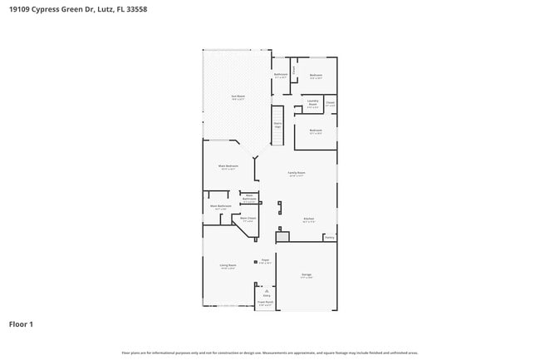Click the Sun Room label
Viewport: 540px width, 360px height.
pyautogui.click(x=238, y=97)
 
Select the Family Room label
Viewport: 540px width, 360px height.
pyautogui.click(x=296, y=174)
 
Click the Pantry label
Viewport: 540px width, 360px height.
pyautogui.click(x=330, y=238)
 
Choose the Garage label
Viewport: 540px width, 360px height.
pyautogui.click(x=307, y=275)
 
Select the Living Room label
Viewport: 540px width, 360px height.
pyautogui.click(x=228, y=266)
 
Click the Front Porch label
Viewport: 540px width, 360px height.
pyautogui.click(x=265, y=303)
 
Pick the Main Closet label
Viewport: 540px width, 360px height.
pyautogui.click(x=248, y=219)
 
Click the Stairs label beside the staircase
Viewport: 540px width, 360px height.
pyautogui.click(x=278, y=126)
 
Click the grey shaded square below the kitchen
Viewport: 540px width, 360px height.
pyautogui.click(x=282, y=237)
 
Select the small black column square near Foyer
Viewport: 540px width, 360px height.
pyautogui.click(x=256, y=261)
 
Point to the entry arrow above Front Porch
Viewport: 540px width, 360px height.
pyautogui.click(x=266, y=290)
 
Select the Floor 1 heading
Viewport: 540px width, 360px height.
pyautogui.click(x=21, y=323)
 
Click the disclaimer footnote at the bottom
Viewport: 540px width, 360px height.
pyautogui.click(x=270, y=353)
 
